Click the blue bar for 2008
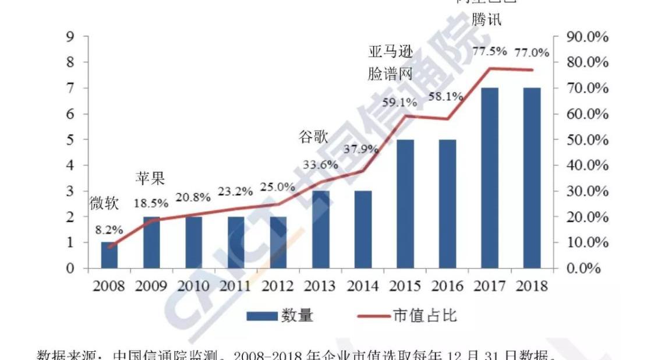click(x=109, y=255)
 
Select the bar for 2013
click(x=320, y=230)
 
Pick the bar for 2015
click(x=405, y=204)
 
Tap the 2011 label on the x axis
click(x=235, y=287)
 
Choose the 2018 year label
click(x=532, y=287)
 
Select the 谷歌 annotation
click(x=313, y=137)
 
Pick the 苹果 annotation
click(x=151, y=178)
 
